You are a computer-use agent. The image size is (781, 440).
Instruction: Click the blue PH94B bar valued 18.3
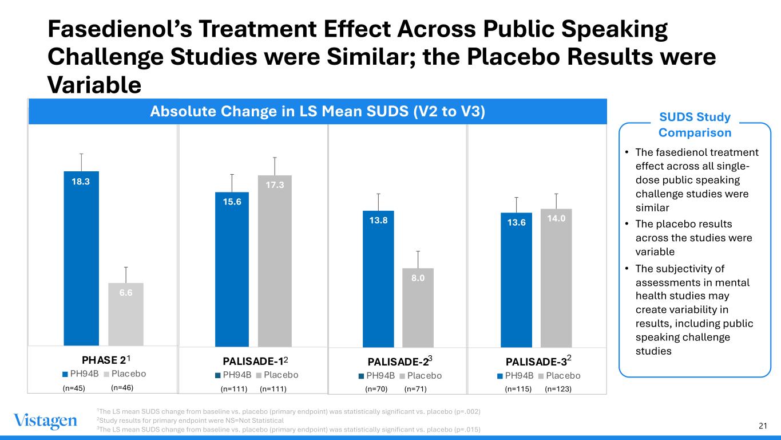pyautogui.click(x=81, y=258)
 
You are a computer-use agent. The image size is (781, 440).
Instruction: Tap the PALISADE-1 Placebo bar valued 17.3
pyautogui.click(x=275, y=261)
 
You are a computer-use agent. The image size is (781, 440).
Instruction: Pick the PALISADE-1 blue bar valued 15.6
pyautogui.click(x=232, y=269)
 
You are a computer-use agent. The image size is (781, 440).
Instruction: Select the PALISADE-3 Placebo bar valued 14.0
pyautogui.click(x=556, y=278)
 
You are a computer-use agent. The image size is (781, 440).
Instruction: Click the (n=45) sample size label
pyautogui.click(x=74, y=388)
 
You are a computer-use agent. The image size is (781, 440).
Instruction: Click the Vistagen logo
pyautogui.click(x=45, y=421)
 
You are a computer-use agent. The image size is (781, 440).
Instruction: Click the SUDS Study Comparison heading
pyautogui.click(x=695, y=125)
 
